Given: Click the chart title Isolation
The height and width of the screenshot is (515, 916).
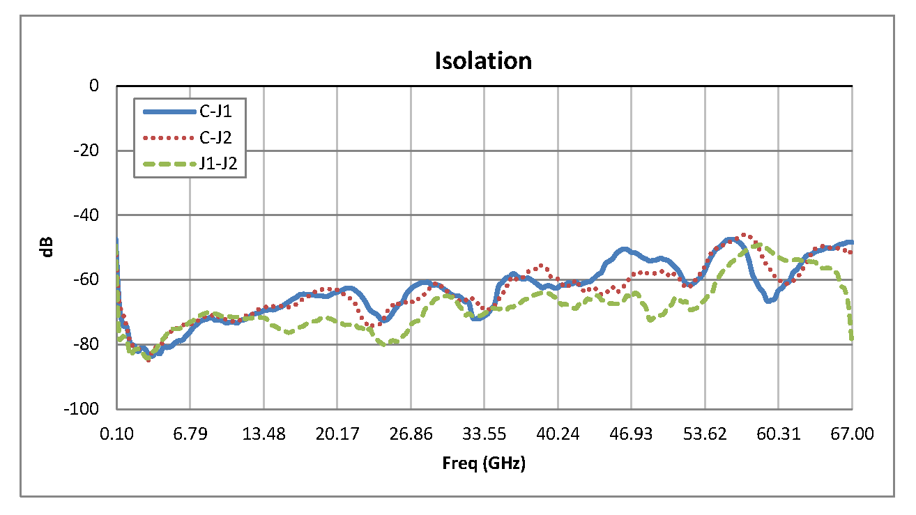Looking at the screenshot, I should tap(483, 61).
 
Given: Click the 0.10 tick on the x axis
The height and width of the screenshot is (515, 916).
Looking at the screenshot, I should tap(116, 434).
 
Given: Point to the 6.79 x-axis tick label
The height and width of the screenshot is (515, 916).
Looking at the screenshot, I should tap(190, 434).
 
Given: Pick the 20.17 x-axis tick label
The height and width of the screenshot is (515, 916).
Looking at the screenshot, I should tap(337, 434).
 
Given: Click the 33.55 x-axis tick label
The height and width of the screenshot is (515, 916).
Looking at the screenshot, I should tap(484, 434).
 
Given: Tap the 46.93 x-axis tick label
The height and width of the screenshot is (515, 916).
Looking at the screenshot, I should tap(632, 434).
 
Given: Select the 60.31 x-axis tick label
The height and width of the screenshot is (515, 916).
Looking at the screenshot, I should tap(779, 434).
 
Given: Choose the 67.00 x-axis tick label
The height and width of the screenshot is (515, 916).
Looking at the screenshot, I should tap(852, 434).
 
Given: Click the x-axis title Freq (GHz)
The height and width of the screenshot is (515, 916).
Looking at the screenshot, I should tap(484, 463).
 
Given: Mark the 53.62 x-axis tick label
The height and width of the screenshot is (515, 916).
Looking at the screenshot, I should tap(705, 434).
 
